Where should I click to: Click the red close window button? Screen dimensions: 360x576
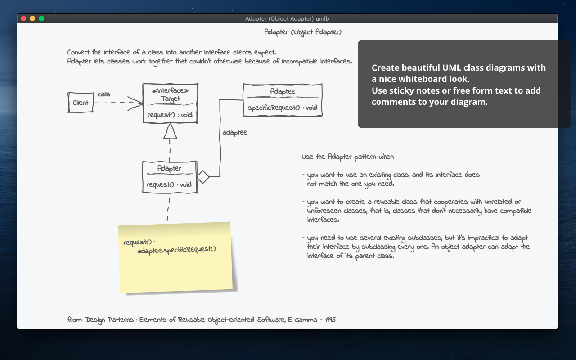(23, 18)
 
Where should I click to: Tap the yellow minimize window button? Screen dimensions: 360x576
(32, 18)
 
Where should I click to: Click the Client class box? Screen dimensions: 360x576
(81, 103)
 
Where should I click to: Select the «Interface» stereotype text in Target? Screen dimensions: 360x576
(170, 90)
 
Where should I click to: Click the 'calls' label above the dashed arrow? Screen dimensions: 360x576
(104, 94)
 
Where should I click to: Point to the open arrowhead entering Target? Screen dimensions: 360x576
(135, 103)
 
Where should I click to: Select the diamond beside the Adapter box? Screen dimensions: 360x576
(203, 177)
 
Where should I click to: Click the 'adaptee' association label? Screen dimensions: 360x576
(234, 133)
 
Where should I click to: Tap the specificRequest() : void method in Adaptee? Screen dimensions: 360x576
(283, 108)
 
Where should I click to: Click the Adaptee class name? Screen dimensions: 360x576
(282, 91)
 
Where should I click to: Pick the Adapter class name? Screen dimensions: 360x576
(169, 168)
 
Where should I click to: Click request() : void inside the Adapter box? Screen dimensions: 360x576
(169, 184)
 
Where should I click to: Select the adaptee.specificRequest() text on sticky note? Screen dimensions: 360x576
(177, 249)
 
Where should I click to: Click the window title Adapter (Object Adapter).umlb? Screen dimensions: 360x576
(287, 18)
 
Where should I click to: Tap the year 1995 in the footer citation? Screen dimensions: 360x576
(330, 319)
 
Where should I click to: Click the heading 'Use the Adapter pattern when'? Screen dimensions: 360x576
(347, 157)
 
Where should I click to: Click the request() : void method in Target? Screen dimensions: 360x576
(170, 115)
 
